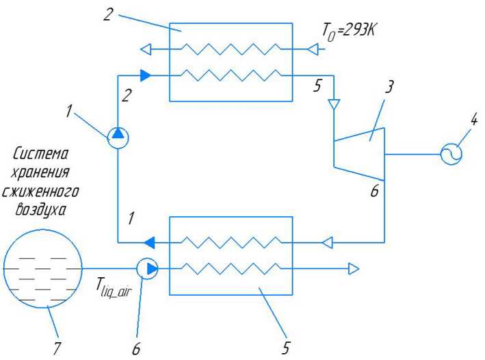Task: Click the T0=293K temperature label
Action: (349, 32)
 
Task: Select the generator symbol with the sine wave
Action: (451, 154)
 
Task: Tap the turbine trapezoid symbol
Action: (359, 154)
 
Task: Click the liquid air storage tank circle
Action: (43, 268)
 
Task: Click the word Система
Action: (40, 154)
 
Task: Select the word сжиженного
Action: (40, 192)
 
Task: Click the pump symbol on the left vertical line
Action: (118, 138)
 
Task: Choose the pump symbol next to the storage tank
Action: (147, 268)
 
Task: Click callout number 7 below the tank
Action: (56, 349)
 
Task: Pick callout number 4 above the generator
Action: (473, 120)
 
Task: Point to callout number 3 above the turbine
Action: (389, 87)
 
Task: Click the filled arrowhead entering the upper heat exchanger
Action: (146, 75)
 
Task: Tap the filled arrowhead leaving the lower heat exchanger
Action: (149, 242)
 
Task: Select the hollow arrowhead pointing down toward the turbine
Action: (334, 104)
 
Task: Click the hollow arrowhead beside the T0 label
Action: (313, 49)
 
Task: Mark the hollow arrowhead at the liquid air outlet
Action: (354, 268)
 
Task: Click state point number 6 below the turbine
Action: (375, 191)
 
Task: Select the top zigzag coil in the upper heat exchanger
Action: (231, 49)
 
